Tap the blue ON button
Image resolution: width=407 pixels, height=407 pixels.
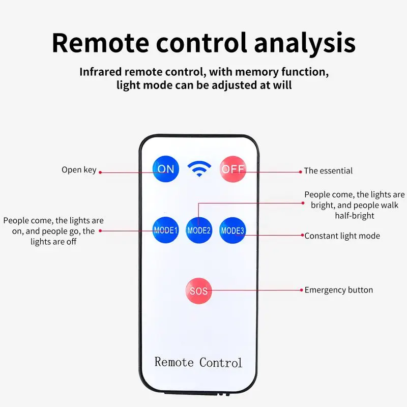coord(166,169)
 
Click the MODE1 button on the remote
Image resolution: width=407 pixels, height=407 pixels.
coord(166,230)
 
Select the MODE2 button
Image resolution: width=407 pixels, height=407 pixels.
coord(199,230)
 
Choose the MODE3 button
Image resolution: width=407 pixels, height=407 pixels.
coord(232,230)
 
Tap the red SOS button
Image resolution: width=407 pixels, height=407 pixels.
coord(198,290)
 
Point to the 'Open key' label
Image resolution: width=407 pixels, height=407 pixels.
coord(79,170)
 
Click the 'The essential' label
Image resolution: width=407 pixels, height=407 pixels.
coord(328,171)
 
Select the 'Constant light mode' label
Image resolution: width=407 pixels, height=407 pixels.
coord(342,236)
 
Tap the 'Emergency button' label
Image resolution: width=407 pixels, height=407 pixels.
coord(339,290)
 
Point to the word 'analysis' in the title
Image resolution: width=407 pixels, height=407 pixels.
coord(305,43)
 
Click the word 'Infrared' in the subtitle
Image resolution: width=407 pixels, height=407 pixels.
coord(100,72)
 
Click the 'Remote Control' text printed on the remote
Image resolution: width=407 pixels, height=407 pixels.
coord(198,362)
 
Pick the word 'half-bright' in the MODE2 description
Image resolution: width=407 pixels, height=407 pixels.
coord(355,216)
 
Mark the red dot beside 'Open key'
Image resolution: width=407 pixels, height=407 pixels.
coord(100,172)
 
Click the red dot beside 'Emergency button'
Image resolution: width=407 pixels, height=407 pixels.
coord(301,290)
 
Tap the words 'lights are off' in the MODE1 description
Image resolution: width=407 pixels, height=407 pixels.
coord(53,242)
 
